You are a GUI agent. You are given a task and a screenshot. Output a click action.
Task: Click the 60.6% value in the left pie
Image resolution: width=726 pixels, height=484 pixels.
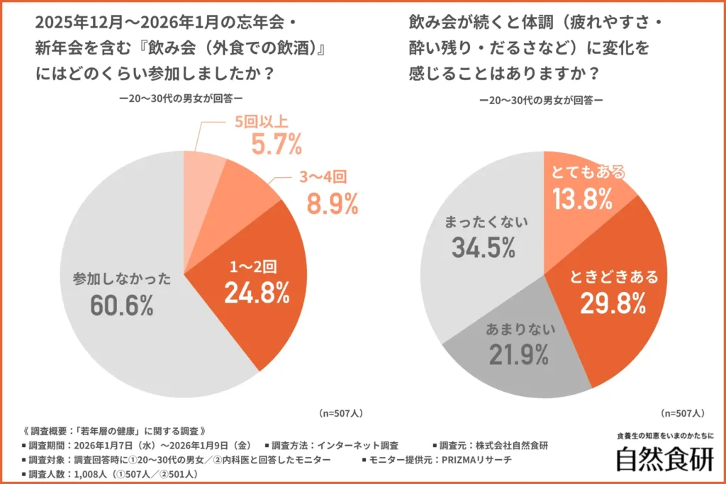coord(122,305)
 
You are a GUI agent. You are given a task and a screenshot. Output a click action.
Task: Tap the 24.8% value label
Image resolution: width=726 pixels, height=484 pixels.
coord(257,292)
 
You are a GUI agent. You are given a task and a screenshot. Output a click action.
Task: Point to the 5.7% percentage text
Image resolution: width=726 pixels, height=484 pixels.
coord(277,146)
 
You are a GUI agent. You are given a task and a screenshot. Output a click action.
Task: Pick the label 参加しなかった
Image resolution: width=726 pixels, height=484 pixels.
coord(122,278)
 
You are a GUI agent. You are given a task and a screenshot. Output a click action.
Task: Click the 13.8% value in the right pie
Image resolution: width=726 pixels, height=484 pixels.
coord(583,199)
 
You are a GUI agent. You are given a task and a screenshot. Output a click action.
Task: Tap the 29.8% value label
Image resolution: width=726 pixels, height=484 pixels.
coord(613,303)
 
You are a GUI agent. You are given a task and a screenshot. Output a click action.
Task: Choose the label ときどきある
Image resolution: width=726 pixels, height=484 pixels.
coord(614,276)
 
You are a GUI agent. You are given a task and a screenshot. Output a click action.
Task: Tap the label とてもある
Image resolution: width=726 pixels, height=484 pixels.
coord(588,172)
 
